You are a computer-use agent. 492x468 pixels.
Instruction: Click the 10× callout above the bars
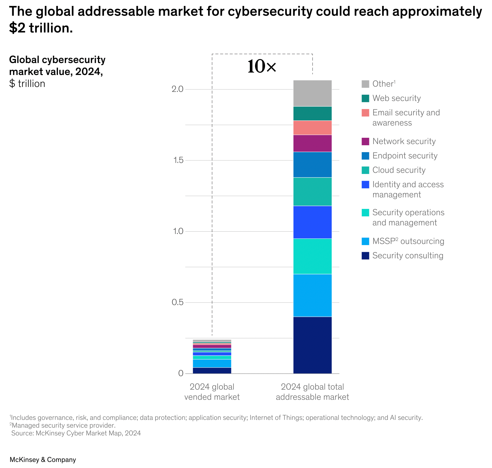(262, 66)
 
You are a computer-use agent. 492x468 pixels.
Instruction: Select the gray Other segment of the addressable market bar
(312, 93)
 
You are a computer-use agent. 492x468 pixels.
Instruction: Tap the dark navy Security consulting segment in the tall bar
(312, 345)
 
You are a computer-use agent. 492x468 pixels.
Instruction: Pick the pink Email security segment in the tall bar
(312, 128)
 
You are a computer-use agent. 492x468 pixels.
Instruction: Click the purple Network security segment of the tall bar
(312, 143)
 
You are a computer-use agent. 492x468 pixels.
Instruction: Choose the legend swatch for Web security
(365, 98)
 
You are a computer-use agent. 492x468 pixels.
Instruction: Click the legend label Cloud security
(399, 170)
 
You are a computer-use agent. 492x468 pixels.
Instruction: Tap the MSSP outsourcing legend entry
(408, 241)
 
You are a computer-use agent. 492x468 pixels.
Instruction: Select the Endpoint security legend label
(405, 156)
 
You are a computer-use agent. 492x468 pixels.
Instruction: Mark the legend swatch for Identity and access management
(365, 185)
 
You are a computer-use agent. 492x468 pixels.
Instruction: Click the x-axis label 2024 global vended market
(212, 392)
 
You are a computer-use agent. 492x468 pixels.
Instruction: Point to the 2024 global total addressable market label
(312, 392)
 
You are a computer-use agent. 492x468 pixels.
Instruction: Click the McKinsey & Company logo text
(43, 460)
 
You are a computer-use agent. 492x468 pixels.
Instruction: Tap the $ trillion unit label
(27, 84)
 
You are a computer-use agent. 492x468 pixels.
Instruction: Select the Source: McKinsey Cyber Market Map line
(76, 433)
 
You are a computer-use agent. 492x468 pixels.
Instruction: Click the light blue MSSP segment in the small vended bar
(212, 363)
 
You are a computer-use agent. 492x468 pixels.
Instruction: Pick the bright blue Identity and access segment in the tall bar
(312, 222)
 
